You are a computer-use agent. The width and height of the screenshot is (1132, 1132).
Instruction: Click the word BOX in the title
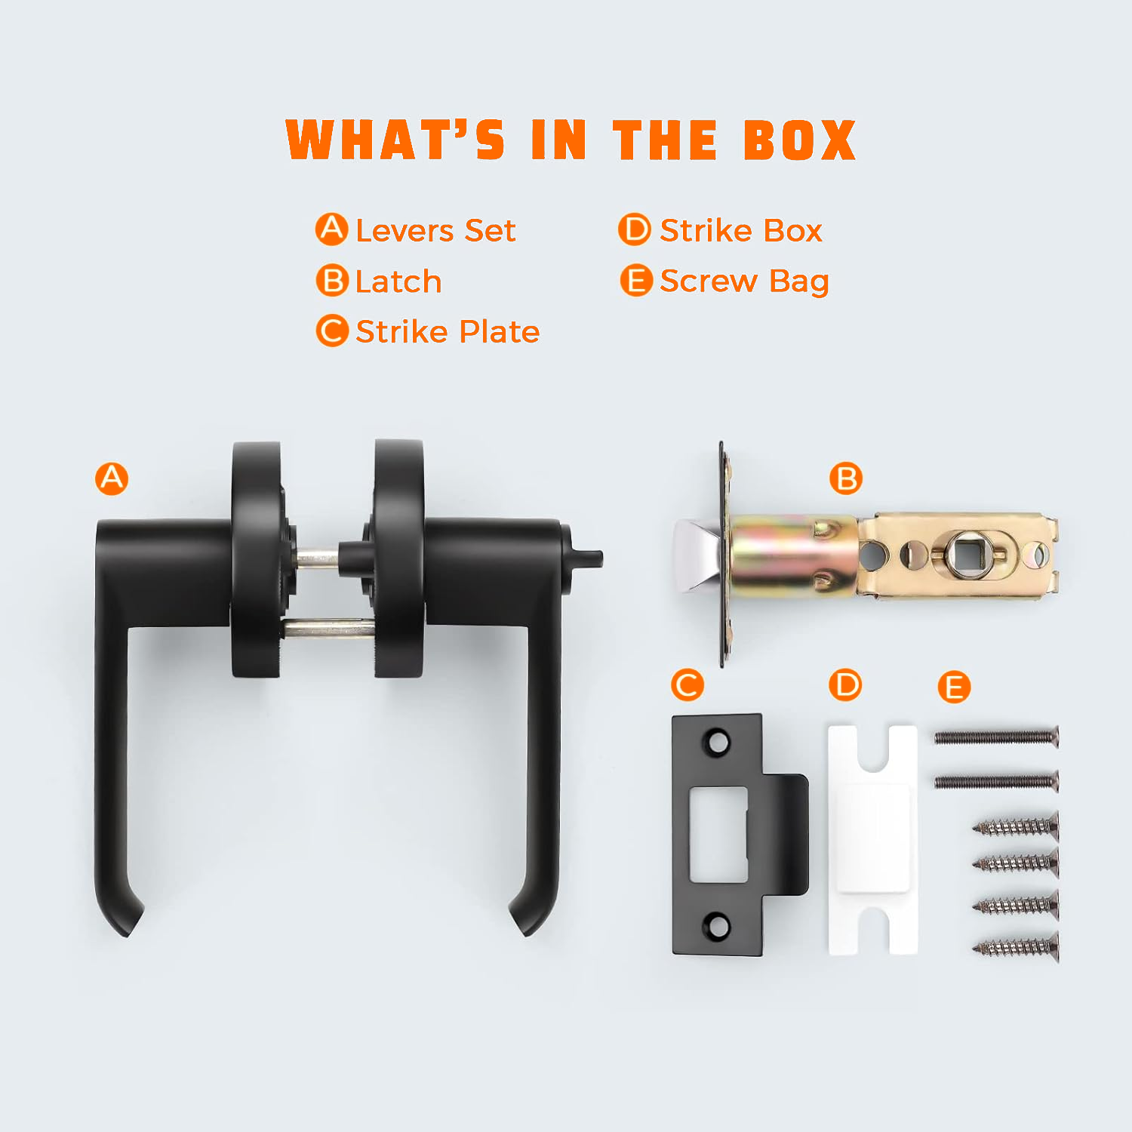click(x=800, y=140)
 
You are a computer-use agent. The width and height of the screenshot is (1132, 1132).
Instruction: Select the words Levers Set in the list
click(x=435, y=230)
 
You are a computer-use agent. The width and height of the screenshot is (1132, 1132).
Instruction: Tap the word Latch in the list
click(x=398, y=281)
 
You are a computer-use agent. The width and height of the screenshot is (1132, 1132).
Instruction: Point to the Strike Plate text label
click(x=448, y=331)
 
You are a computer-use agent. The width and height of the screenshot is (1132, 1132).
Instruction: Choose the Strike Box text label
click(x=740, y=230)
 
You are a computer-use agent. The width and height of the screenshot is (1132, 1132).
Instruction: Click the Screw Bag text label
click(x=744, y=281)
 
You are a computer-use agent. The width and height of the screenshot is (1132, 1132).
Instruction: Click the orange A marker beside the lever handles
click(x=112, y=478)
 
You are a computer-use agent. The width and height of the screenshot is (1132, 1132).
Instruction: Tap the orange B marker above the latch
click(x=846, y=478)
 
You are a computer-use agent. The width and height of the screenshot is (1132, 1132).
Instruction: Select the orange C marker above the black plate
click(x=688, y=685)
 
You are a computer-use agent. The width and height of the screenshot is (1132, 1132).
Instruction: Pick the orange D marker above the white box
click(x=845, y=684)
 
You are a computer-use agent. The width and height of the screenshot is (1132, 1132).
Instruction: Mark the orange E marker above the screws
click(x=954, y=687)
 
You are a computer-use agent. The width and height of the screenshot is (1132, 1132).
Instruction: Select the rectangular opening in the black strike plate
click(x=719, y=834)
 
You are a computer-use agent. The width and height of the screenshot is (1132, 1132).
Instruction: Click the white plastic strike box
click(x=873, y=839)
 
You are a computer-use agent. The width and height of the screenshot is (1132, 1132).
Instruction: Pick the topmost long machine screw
click(x=997, y=737)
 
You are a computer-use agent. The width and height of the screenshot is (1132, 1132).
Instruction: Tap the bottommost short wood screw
click(x=1016, y=946)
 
